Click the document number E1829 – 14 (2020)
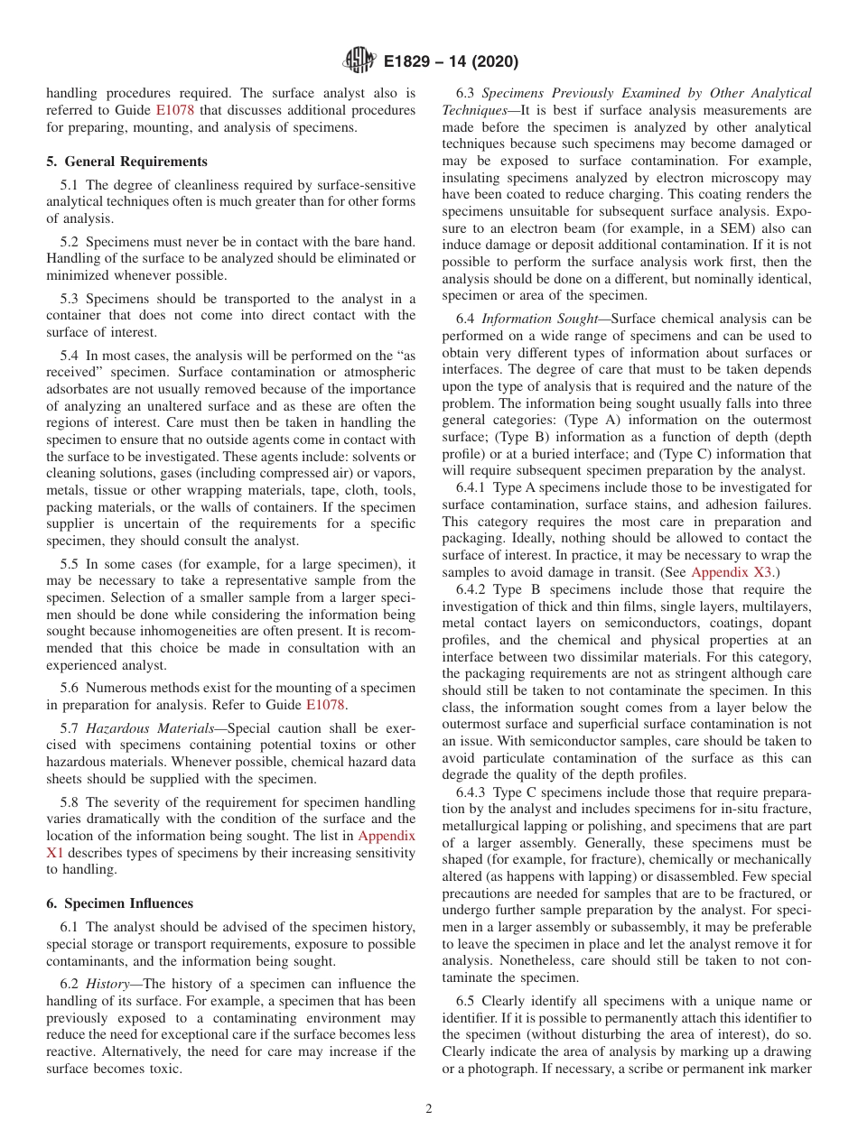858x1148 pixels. point(451,62)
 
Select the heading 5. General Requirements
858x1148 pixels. point(126,162)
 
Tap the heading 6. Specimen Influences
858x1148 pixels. point(119,903)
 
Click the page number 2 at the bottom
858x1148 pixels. point(429,1108)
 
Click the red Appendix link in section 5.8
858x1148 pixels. point(387,836)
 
